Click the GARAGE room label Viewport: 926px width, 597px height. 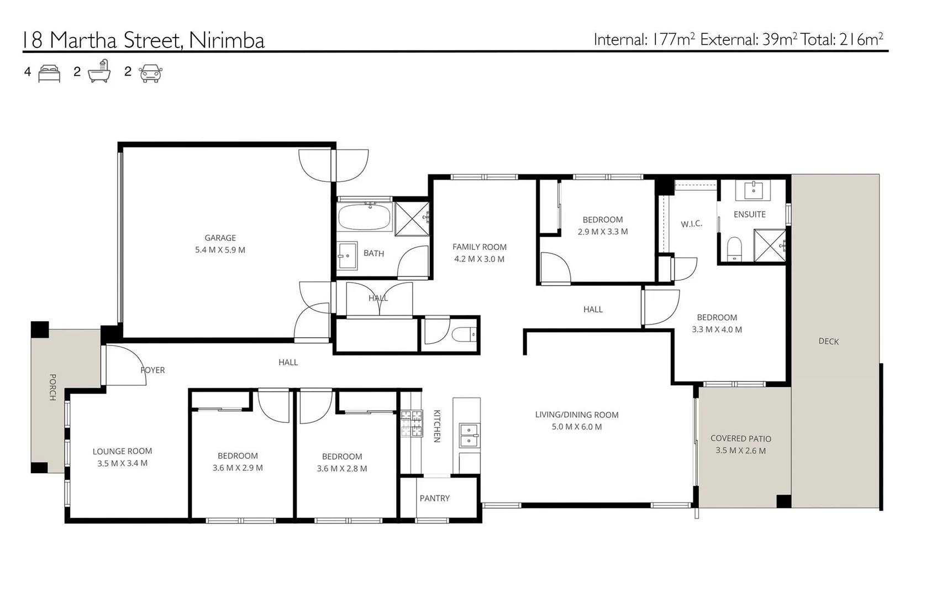tap(220, 238)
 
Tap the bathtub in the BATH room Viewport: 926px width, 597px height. tap(365, 217)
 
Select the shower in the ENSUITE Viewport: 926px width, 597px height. tap(769, 245)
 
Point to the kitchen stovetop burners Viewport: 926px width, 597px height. tap(411, 423)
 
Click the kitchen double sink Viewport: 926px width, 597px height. tap(469, 434)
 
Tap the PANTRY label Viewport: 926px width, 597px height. tap(434, 498)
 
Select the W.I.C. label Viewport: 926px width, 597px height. tap(691, 224)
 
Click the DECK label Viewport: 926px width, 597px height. tap(828, 342)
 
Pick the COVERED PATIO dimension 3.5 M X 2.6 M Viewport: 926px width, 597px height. tap(740, 451)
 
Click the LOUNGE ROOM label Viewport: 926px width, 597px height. tap(122, 451)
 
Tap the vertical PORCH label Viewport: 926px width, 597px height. tap(52, 387)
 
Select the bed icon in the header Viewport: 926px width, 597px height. tap(49, 74)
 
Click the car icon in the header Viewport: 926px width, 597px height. tap(151, 73)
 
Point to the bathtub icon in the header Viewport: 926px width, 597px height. tap(99, 72)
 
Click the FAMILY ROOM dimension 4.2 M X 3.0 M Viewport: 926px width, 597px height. tap(479, 259)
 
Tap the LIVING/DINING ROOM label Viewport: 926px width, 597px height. tap(576, 415)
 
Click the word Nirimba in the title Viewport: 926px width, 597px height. tap(227, 40)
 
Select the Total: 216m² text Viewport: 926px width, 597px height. tap(841, 39)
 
